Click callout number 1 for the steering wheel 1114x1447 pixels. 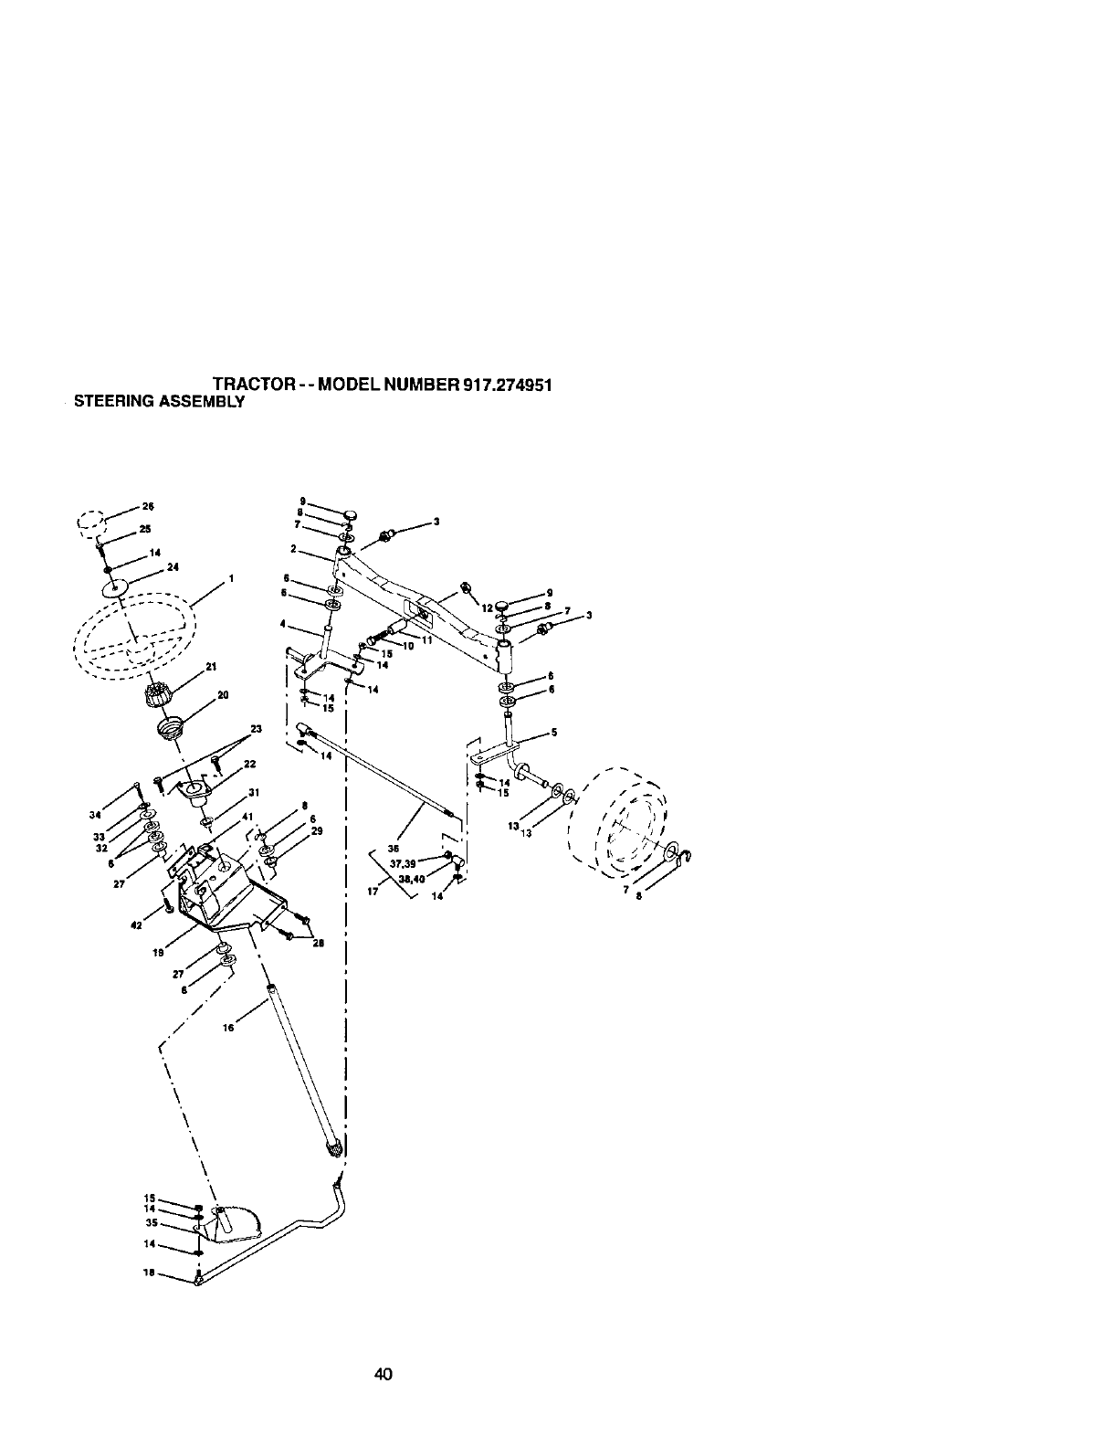[233, 578]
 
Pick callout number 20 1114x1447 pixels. [223, 695]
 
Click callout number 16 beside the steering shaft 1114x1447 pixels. [229, 1028]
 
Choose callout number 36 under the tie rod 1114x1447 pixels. [394, 847]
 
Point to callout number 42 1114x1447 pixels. [136, 925]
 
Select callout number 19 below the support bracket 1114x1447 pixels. [157, 952]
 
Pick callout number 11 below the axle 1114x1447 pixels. [426, 639]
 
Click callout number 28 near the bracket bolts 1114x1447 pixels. [319, 944]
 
